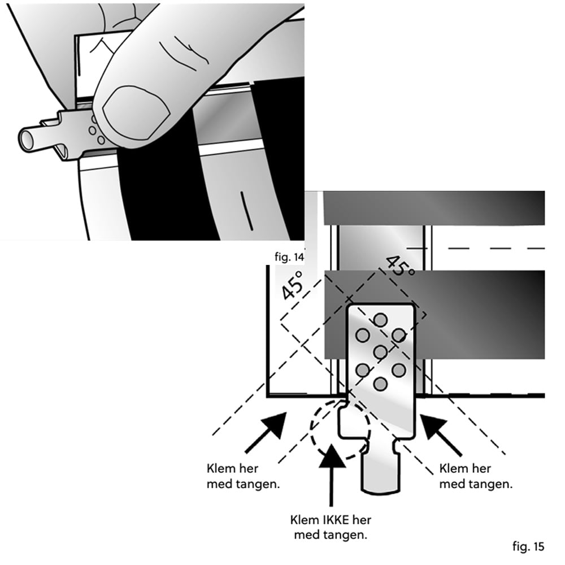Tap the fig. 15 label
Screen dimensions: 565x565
click(x=528, y=546)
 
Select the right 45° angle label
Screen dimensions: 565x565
click(x=399, y=264)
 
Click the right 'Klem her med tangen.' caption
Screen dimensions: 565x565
click(x=475, y=476)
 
